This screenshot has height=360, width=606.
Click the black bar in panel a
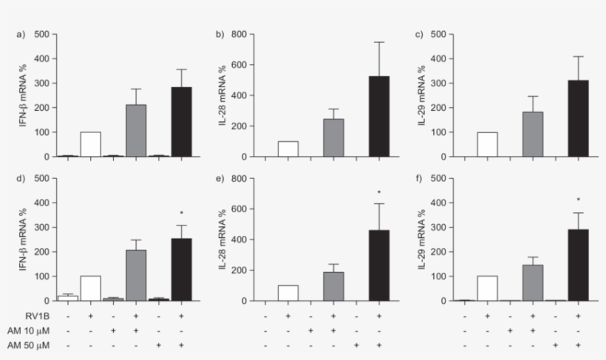pos(181,122)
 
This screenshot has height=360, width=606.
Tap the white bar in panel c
pos(488,144)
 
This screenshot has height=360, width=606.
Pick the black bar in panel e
pos(379,265)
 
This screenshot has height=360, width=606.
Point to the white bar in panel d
pos(90,288)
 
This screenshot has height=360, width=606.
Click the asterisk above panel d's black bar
pos(181,213)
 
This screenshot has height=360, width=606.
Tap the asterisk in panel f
pos(578,200)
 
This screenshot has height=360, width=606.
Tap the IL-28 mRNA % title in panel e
pos(222,240)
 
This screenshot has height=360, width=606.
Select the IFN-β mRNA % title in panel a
pos(24,95)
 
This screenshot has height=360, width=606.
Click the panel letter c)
pos(419,34)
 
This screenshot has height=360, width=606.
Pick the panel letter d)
pos(21,178)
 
